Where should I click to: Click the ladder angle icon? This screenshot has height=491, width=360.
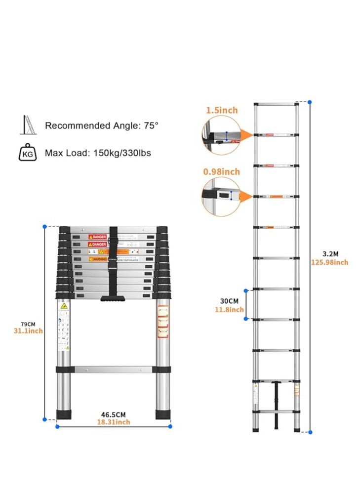[27, 125]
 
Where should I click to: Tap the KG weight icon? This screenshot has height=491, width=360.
[27, 153]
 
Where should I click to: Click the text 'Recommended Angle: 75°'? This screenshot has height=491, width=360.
[102, 125]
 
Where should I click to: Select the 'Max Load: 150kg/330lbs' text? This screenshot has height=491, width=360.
[98, 153]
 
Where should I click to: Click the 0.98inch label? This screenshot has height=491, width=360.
[221, 171]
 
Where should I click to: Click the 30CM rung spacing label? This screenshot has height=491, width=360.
[229, 301]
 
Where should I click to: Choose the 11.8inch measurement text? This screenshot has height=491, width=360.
[229, 310]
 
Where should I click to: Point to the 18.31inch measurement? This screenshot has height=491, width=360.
[113, 422]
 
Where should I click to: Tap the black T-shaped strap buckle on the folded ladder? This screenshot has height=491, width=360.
[113, 298]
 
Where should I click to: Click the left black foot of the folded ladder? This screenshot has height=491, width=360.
[64, 414]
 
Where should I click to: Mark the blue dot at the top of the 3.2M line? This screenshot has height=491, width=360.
[310, 102]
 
